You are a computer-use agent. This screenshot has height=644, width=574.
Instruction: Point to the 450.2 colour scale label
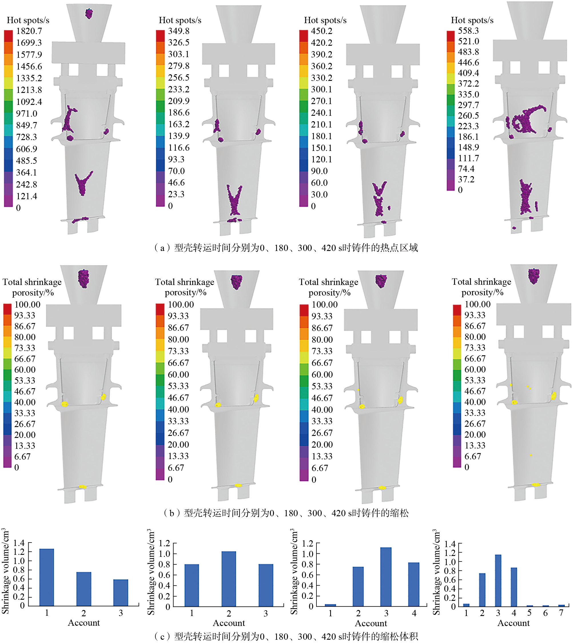coord(321,31)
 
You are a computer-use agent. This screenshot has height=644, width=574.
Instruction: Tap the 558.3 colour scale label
coord(468,31)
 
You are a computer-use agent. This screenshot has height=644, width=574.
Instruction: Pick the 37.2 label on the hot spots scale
coord(466,179)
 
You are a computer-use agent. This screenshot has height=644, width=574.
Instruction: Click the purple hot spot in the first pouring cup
coord(89,13)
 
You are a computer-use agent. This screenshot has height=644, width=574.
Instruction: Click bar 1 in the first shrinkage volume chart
coord(47,577)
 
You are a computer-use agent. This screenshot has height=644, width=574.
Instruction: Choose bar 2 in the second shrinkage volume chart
coord(229,579)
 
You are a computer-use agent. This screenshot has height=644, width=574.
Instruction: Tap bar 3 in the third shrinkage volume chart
coord(386,577)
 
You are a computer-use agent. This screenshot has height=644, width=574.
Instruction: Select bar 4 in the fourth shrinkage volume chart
coord(514,587)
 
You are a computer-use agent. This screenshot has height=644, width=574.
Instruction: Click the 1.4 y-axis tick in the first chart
coord(19,543)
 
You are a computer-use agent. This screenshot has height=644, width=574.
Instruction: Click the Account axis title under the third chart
coord(371,623)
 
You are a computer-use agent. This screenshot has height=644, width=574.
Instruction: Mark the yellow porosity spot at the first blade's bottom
coord(83,487)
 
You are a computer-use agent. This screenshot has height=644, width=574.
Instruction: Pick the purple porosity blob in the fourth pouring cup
coord(534,276)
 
